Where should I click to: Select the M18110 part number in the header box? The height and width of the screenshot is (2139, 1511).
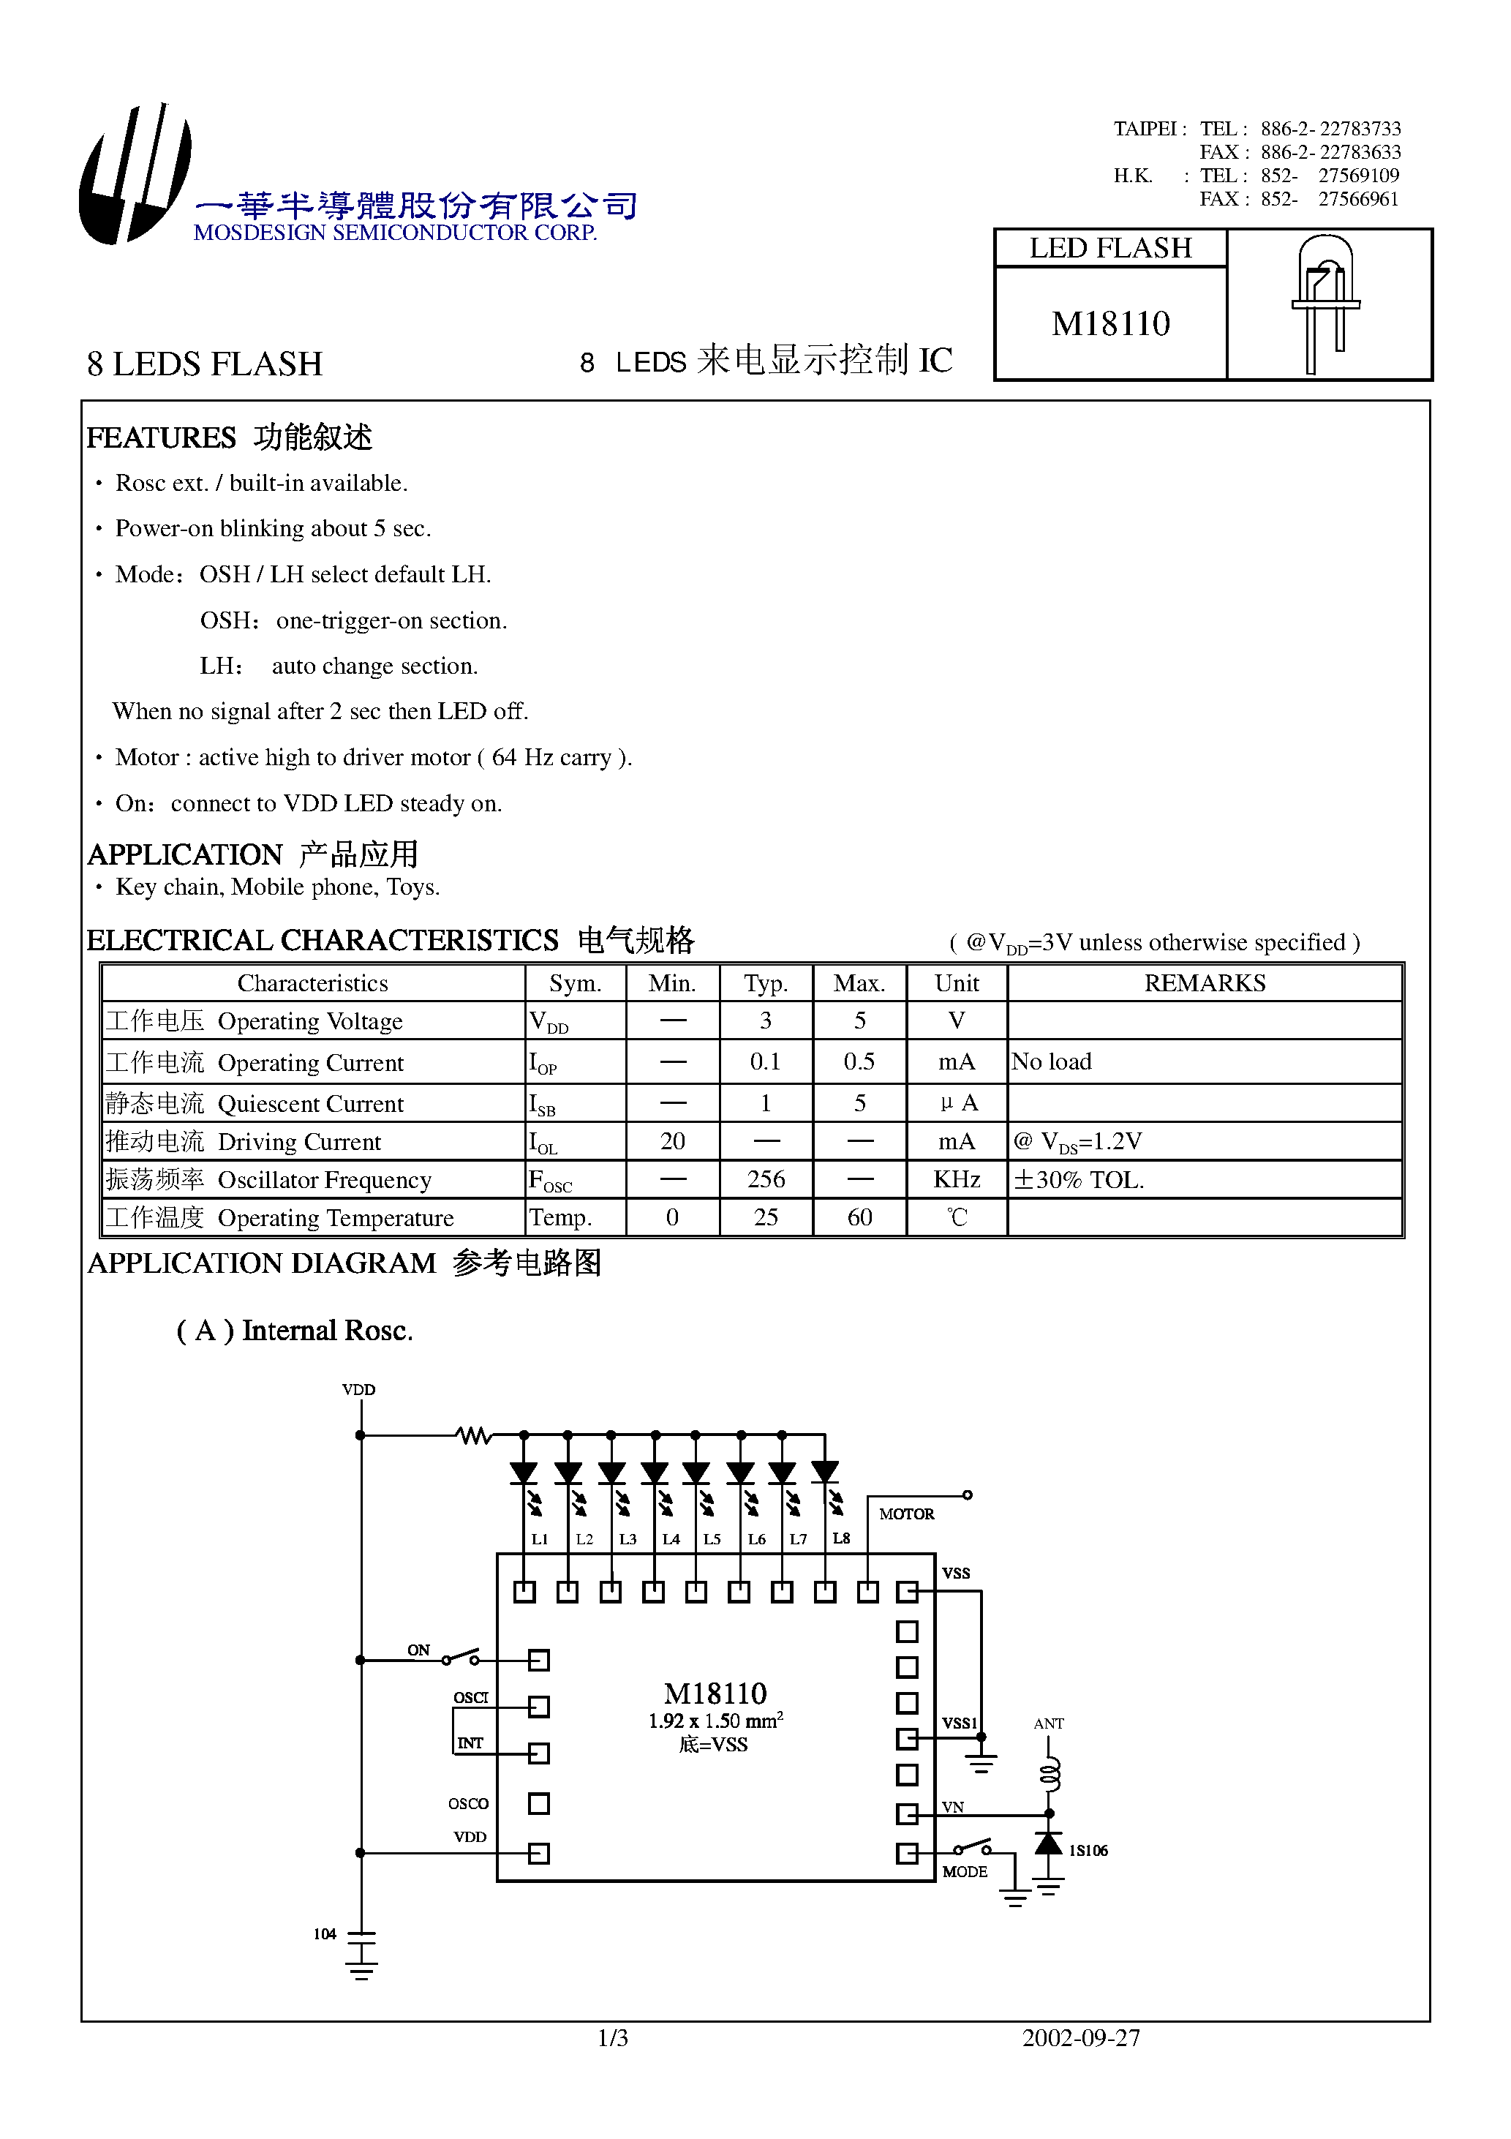coord(1109,323)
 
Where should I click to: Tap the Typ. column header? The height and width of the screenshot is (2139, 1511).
coord(765,983)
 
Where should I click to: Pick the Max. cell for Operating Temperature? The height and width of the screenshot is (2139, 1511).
coord(859,1217)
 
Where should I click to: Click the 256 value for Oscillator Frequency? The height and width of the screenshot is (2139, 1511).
coord(765,1179)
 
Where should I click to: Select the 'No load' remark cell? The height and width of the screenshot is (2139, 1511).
coord(1052,1061)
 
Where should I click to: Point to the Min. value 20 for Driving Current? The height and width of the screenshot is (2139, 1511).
coord(671,1141)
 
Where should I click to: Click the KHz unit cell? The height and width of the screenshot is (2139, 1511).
coord(956,1179)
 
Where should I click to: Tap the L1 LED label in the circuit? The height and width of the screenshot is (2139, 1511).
coord(539,1539)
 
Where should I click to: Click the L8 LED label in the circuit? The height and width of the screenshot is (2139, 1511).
coord(841,1538)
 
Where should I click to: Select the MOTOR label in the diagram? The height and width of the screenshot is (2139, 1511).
coord(906,1514)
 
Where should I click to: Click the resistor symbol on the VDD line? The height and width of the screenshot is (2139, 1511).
coord(474,1435)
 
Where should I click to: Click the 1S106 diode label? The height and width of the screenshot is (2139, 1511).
coord(1088,1850)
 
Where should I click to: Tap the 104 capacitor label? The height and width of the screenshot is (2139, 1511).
coord(324,1933)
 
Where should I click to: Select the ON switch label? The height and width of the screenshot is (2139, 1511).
coord(418,1650)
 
